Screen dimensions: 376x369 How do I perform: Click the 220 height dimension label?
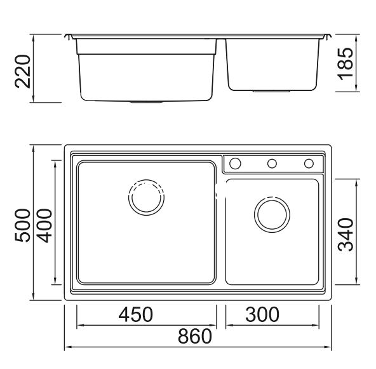click(x=23, y=72)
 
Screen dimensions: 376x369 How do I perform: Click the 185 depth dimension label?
click(x=346, y=64)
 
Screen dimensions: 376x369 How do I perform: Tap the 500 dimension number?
click(x=23, y=225)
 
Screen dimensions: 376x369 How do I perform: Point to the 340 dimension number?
click(x=346, y=235)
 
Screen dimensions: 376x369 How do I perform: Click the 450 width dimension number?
click(x=136, y=314)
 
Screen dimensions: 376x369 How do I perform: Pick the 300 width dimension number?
click(x=262, y=314)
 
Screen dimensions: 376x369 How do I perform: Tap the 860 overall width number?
click(x=195, y=336)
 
